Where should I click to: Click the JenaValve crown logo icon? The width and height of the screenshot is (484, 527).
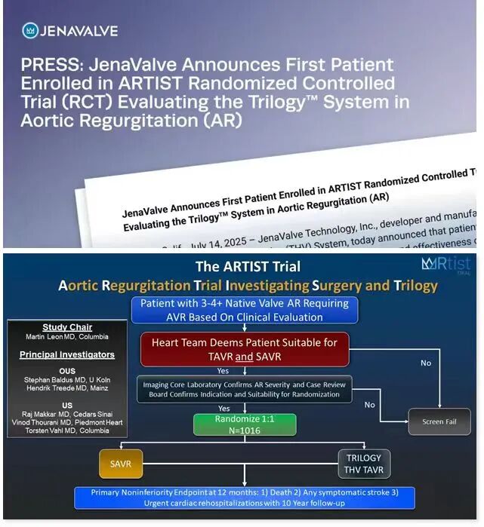(30, 31)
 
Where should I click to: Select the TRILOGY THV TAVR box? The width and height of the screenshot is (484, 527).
(365, 464)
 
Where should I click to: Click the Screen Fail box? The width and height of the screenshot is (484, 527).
(439, 421)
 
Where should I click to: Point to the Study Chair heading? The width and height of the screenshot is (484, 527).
(66, 328)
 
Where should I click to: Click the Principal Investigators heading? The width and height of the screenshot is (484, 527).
(66, 354)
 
